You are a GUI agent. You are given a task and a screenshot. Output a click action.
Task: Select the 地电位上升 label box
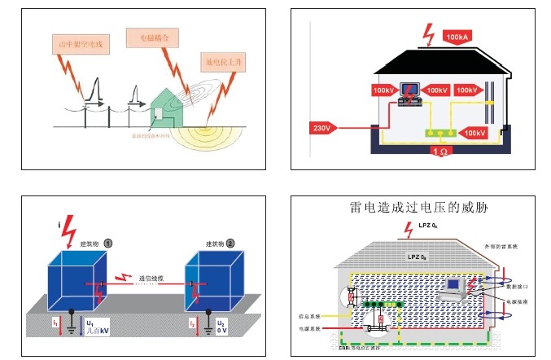(221, 60)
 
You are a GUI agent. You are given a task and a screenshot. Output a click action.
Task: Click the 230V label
(321, 128)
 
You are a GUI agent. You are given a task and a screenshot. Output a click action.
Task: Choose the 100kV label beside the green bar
(475, 131)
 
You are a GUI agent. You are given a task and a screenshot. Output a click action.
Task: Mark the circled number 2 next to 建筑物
(230, 244)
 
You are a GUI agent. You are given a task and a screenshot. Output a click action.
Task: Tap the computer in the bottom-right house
(453, 287)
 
